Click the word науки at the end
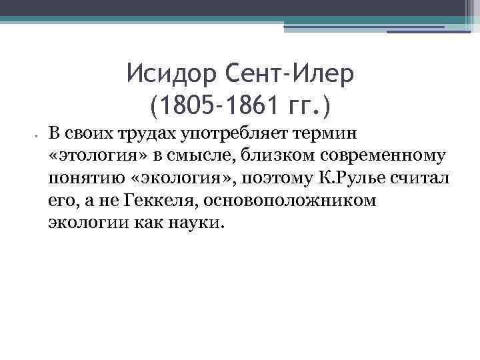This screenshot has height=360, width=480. pos(198,221)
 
